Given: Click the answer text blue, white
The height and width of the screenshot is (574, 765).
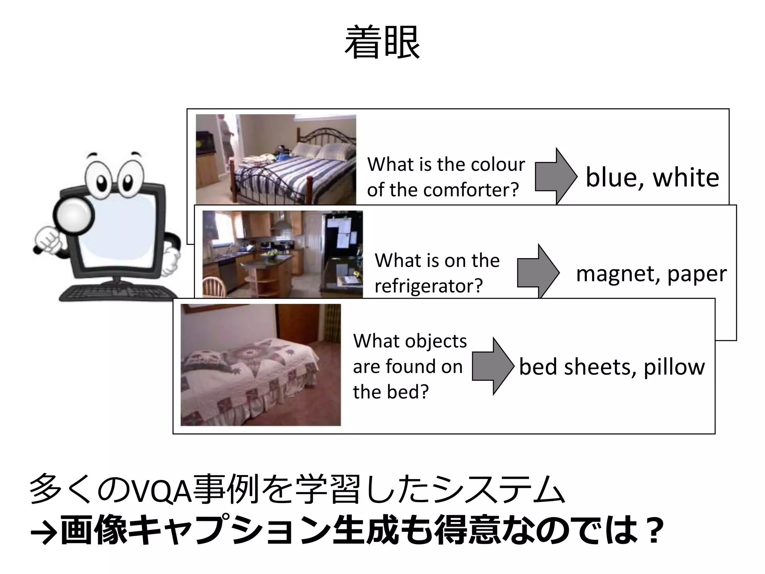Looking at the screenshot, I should [652, 178].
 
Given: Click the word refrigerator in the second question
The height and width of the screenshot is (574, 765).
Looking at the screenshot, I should [428, 286].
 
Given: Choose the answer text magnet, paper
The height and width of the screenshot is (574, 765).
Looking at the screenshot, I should [651, 274].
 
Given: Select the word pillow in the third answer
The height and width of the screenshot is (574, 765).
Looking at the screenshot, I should [674, 367].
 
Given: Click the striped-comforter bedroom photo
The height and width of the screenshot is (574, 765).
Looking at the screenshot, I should [276, 159].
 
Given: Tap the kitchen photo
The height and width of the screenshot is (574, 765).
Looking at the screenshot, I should [282, 254].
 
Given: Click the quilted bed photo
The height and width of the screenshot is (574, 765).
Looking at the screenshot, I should [260, 365].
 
